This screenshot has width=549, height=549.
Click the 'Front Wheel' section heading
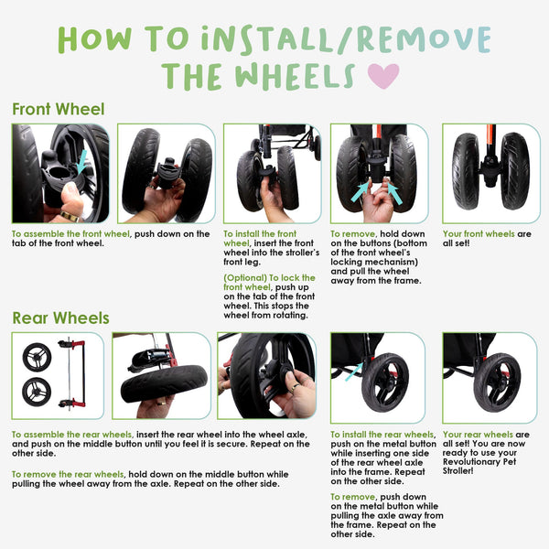click(x=58, y=110)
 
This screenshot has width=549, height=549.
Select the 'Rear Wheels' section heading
click(x=60, y=318)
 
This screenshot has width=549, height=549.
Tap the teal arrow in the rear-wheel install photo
click(x=355, y=370)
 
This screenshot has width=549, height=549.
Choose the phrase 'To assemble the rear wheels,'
click(x=72, y=435)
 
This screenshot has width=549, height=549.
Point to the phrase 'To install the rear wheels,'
click(x=382, y=435)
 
